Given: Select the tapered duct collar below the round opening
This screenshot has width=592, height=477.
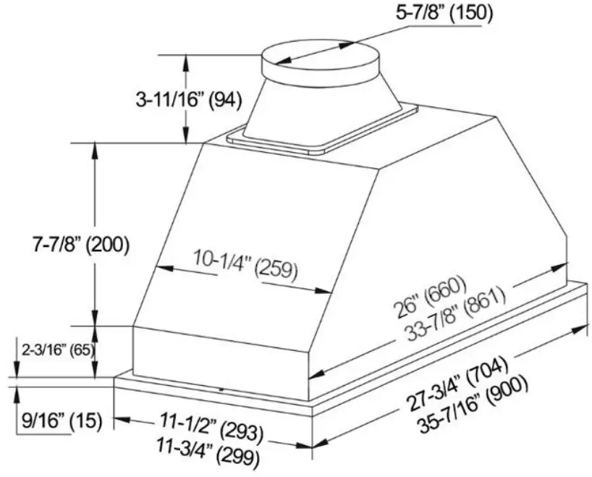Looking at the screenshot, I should pos(321,105).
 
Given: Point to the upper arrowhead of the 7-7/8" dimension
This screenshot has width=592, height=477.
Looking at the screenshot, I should pos(95,148).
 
